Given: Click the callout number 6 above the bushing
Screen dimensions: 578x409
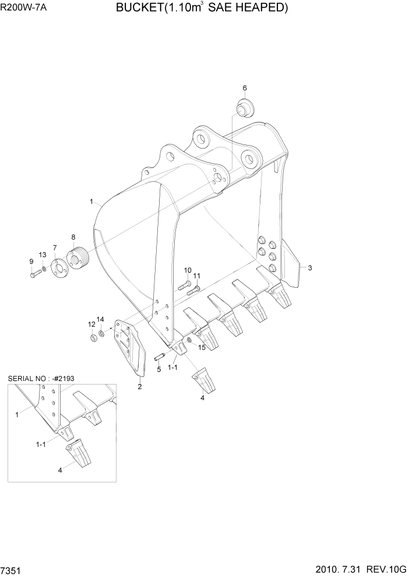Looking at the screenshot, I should click(245, 88).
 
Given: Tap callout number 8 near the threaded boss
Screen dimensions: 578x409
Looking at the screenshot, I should click(73, 237).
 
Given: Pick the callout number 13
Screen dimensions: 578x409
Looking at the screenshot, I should click(43, 255).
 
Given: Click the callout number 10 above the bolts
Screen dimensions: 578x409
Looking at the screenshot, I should click(188, 270).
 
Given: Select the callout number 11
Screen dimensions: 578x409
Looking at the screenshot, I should click(197, 276).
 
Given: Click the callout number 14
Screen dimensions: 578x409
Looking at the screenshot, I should click(100, 319).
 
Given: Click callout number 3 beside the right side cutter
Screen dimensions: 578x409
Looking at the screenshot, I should click(310, 268).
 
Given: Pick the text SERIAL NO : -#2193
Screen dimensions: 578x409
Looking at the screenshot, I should click(41, 379).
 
